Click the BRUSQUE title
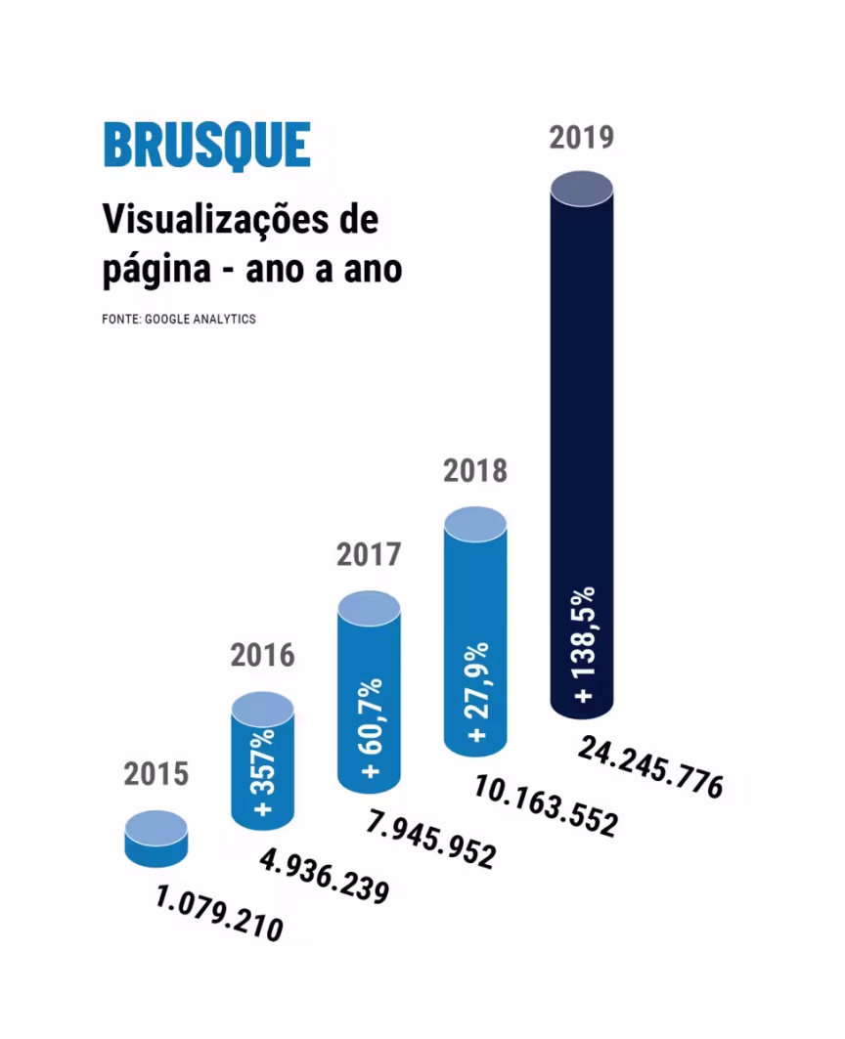point(206,146)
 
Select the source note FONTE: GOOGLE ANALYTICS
point(178,320)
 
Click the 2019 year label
point(581,137)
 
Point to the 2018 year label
point(475,471)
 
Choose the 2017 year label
point(369,555)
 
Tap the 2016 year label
point(262,655)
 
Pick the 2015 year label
point(156,774)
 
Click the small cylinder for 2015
point(156,839)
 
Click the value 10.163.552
point(545,805)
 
